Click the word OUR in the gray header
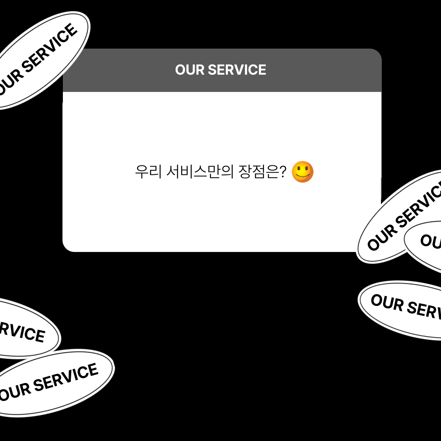click(190, 70)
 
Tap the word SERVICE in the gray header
click(237, 70)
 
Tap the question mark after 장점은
click(283, 172)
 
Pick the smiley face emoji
click(303, 171)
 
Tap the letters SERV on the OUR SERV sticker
click(425, 311)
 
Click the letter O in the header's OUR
click(180, 70)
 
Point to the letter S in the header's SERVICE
click(213, 70)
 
